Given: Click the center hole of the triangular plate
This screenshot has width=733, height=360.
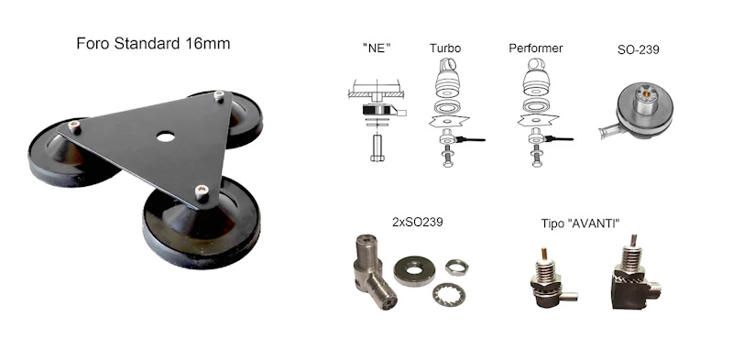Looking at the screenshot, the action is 166,137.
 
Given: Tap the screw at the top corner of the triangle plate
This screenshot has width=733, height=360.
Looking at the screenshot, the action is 219,96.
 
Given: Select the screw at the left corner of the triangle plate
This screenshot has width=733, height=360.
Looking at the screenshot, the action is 74,125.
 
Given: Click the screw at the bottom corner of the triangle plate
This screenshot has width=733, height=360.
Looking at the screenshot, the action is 202,191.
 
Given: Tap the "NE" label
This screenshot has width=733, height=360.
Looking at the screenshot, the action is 377,49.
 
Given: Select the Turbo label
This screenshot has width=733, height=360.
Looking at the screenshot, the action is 445,49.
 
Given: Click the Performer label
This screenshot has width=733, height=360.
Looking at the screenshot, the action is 536,49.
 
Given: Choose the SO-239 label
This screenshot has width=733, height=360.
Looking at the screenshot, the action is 638,49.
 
